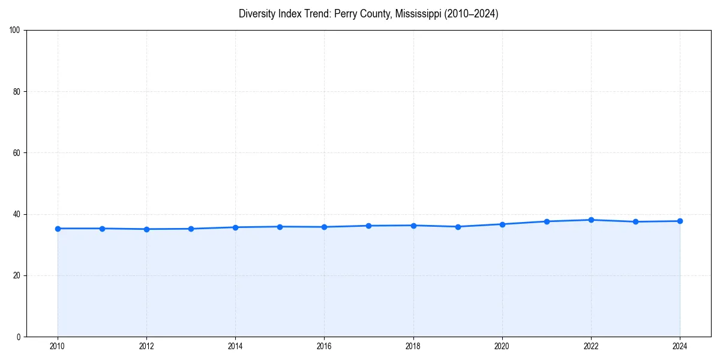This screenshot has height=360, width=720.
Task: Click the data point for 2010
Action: (x=58, y=229)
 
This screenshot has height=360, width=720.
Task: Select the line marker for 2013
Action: (x=191, y=229)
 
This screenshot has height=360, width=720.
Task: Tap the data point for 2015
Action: (x=280, y=227)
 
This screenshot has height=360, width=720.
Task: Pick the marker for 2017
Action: (x=368, y=226)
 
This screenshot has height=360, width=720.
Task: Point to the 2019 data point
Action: (x=458, y=227)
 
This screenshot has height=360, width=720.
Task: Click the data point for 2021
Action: (x=547, y=221)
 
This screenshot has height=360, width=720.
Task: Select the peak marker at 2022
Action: (x=591, y=220)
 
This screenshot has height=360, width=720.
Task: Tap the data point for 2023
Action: (x=635, y=222)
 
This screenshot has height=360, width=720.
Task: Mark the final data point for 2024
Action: (x=680, y=221)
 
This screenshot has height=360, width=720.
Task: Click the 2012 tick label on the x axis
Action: (x=146, y=346)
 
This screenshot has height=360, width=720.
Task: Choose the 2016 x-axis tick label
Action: (x=324, y=346)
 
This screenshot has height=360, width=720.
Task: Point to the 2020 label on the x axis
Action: (x=502, y=346)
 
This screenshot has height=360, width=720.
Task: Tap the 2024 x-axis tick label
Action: (x=680, y=346)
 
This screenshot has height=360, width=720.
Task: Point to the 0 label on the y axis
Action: (x=19, y=337)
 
